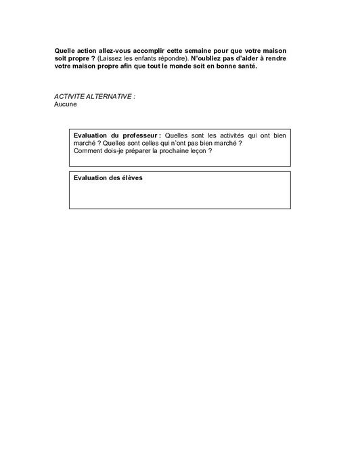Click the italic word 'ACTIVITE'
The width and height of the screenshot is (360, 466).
pos(68,97)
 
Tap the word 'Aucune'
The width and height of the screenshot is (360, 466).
pos(66,104)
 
